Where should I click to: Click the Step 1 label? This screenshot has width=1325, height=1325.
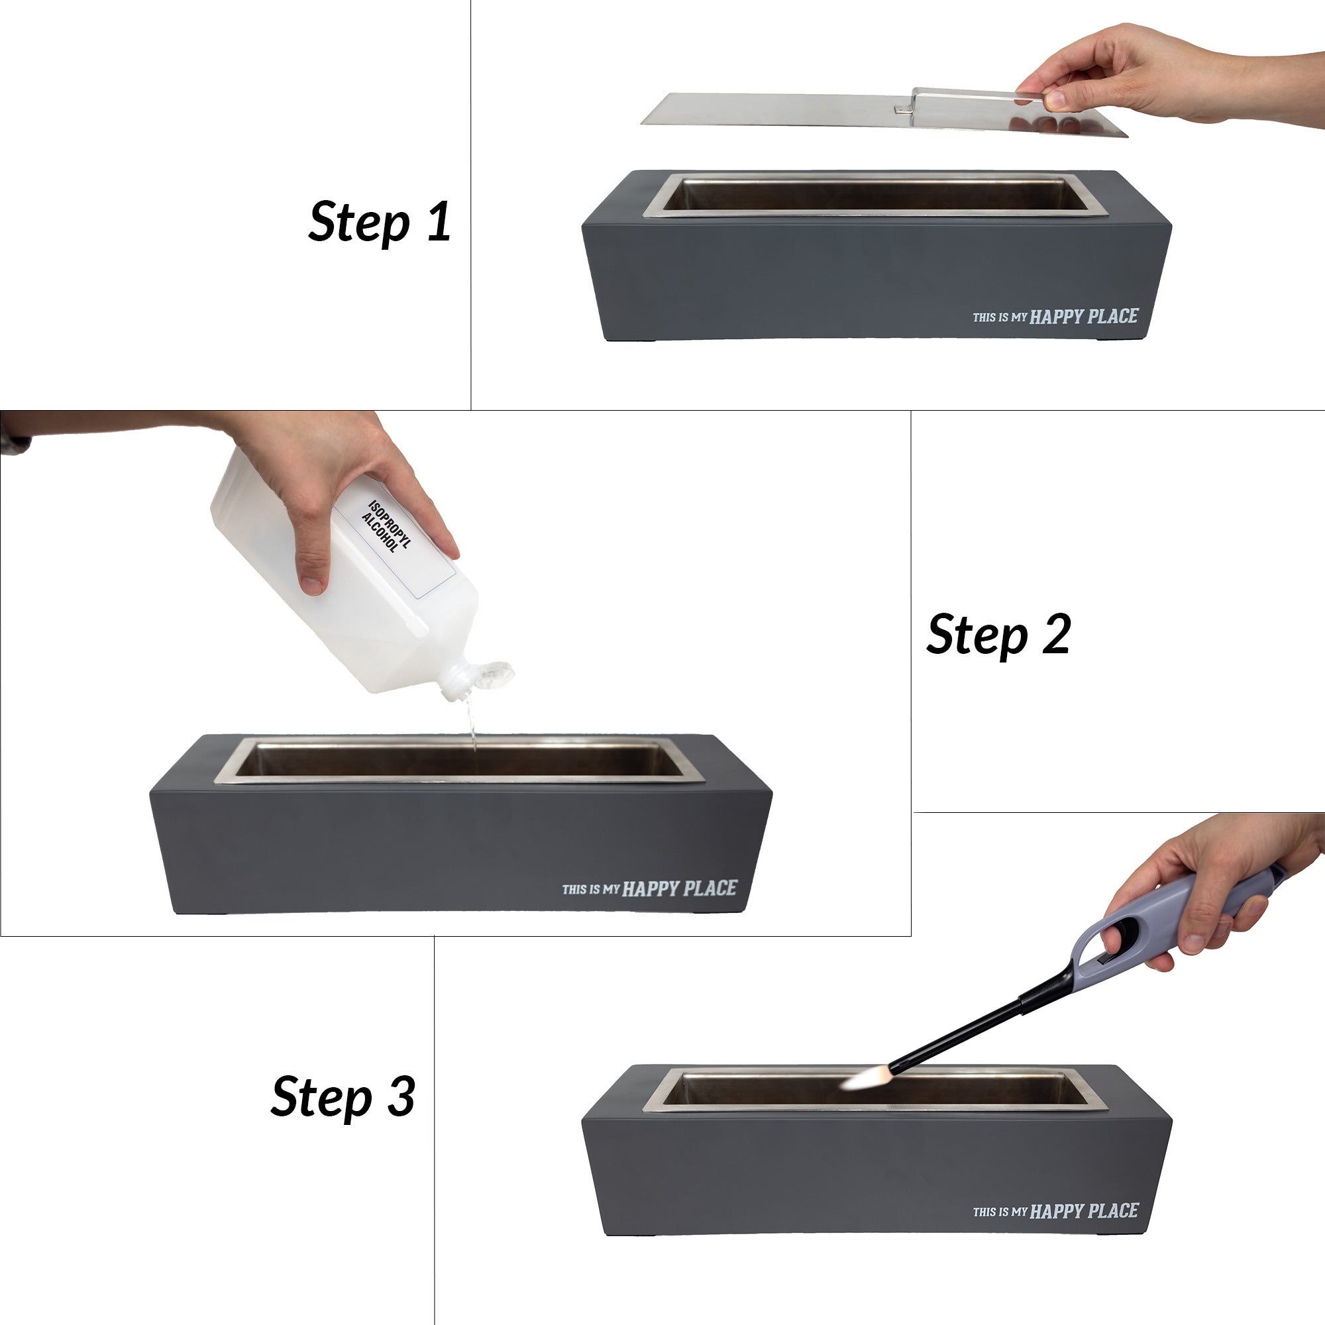pos(380,222)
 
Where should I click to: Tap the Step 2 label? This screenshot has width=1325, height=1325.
pos(998,634)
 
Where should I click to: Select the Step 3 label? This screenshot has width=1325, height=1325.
pos(343,1096)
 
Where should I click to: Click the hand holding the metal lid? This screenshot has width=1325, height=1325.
pos(1166,76)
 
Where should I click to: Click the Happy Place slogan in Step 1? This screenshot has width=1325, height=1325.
pos(1055,316)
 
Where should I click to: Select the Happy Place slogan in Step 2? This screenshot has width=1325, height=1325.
pos(649,889)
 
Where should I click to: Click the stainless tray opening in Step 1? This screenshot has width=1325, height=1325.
pos(875,195)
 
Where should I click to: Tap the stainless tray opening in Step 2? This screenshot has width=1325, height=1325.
pos(460,761)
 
